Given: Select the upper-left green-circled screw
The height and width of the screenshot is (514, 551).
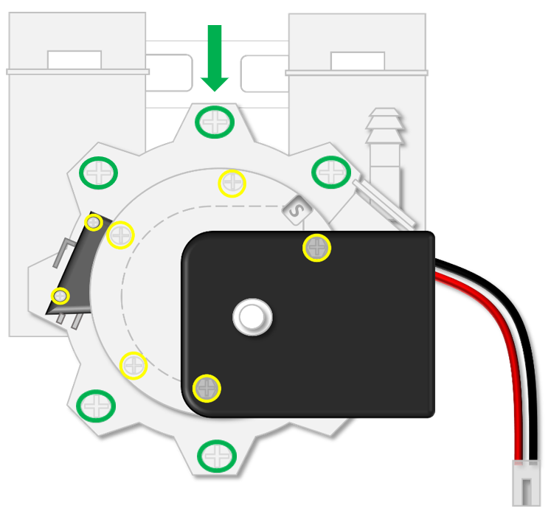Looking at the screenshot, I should (98, 173).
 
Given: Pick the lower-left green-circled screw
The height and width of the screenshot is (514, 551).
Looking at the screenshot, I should (97, 404).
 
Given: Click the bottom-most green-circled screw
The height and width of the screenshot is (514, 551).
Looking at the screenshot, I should (218, 454).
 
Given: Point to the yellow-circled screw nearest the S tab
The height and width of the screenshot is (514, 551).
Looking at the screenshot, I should (232, 183).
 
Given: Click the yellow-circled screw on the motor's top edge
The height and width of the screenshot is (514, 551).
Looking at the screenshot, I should (317, 248).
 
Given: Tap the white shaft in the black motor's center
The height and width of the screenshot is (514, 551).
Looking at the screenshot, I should (252, 317).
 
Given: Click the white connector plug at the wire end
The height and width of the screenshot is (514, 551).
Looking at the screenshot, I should (527, 483).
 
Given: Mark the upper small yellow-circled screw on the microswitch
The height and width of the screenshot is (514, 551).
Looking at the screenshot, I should (94, 222).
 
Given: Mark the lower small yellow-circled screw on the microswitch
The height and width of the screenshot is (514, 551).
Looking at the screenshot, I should (60, 296).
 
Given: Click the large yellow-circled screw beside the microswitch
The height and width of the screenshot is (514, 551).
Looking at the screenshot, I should (120, 235).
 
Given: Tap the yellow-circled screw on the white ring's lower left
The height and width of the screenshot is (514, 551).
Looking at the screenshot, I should (134, 365).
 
